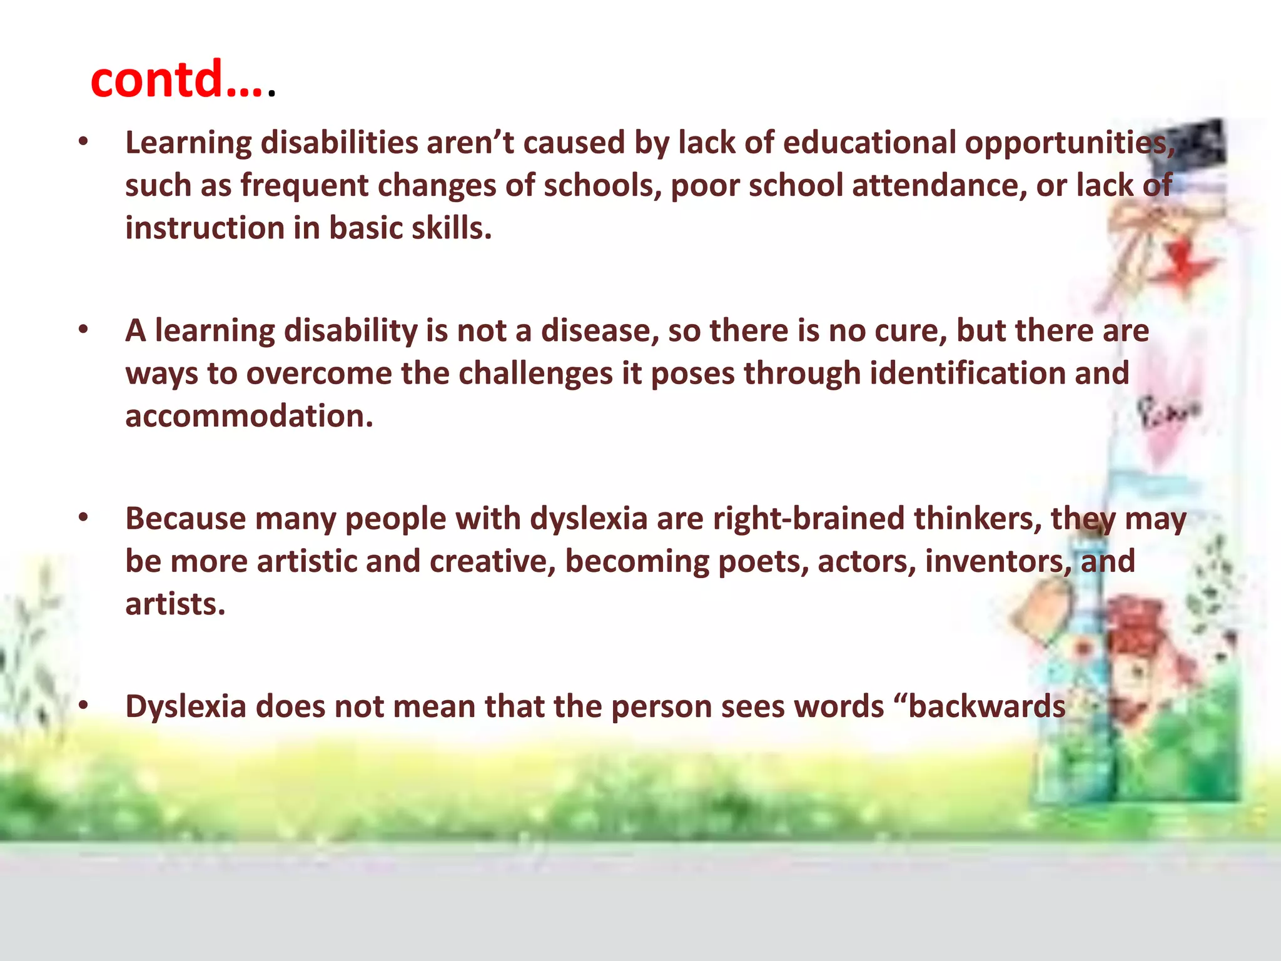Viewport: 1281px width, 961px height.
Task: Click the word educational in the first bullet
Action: (x=869, y=143)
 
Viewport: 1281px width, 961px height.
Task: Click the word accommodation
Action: (x=248, y=417)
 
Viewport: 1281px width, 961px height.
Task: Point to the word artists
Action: (x=175, y=604)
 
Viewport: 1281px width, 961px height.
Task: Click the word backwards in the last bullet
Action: (x=987, y=707)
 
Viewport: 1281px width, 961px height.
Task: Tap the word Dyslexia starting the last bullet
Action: (x=186, y=707)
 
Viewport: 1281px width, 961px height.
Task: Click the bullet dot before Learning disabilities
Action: (x=83, y=143)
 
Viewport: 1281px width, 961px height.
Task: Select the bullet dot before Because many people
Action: (x=83, y=519)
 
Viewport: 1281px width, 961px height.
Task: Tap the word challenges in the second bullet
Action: (x=535, y=374)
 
